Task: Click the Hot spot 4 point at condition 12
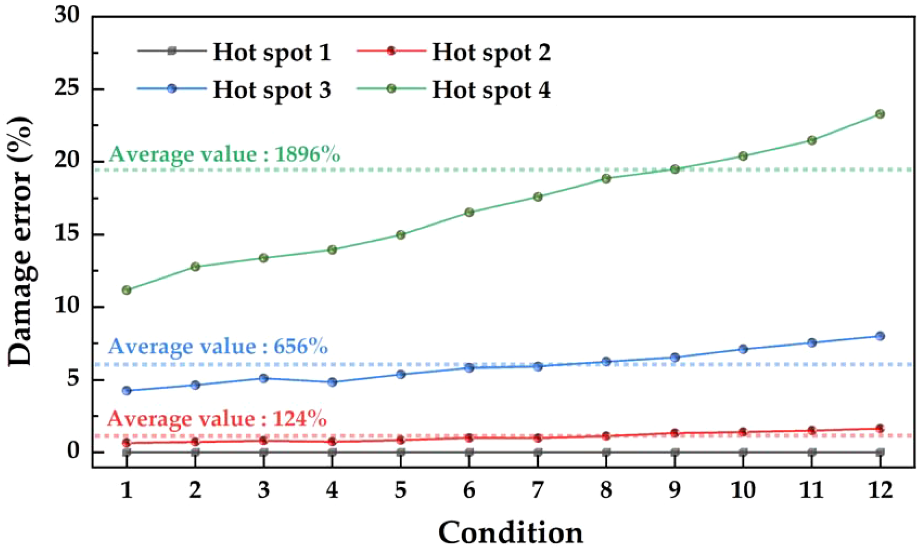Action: (x=880, y=114)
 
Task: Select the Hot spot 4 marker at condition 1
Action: (x=127, y=290)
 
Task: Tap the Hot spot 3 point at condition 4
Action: (x=332, y=382)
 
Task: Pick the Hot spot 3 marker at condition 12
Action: (x=880, y=336)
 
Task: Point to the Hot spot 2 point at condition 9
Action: (x=675, y=433)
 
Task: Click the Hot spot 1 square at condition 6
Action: (x=469, y=452)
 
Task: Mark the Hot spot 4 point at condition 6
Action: (x=469, y=212)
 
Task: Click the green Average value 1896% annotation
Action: (x=224, y=154)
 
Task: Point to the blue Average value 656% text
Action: (x=218, y=347)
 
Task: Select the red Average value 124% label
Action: (x=217, y=419)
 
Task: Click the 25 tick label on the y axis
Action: (x=68, y=90)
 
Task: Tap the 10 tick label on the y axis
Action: (x=68, y=307)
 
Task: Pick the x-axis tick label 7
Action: (x=538, y=490)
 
